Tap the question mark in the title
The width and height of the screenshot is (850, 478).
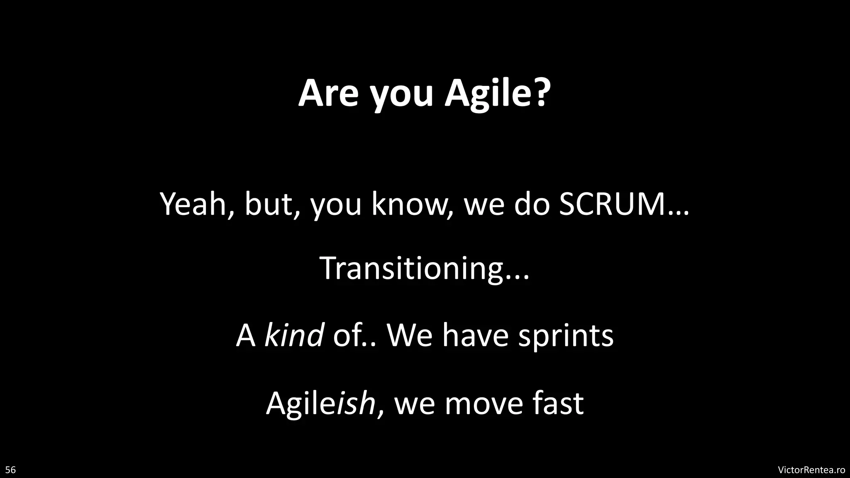[539, 93]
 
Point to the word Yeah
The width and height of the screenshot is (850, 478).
[191, 204]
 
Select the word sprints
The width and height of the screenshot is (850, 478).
[565, 336]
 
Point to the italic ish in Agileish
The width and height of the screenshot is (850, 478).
[356, 403]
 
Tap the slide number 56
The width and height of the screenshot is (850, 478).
[10, 470]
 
